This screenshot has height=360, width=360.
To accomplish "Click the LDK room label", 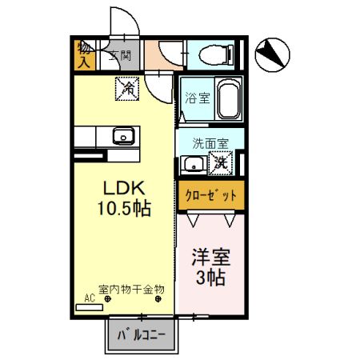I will coord(122,188).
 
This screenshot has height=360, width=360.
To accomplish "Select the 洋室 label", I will coord(210,258).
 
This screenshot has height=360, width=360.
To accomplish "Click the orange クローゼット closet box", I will coord(210,194).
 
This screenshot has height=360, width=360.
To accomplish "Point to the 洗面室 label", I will coord(210,143).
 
